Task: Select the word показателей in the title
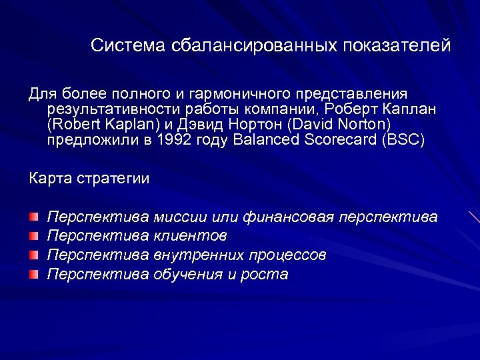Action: click(x=397, y=45)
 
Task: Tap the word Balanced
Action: click(x=262, y=140)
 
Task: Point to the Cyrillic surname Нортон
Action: click(x=251, y=124)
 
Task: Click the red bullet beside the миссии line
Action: click(x=34, y=217)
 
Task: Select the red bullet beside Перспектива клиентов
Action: click(x=34, y=235)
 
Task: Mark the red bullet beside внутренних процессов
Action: click(x=34, y=255)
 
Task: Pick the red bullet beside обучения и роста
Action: click(x=34, y=273)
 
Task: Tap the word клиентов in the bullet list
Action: click(x=190, y=235)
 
